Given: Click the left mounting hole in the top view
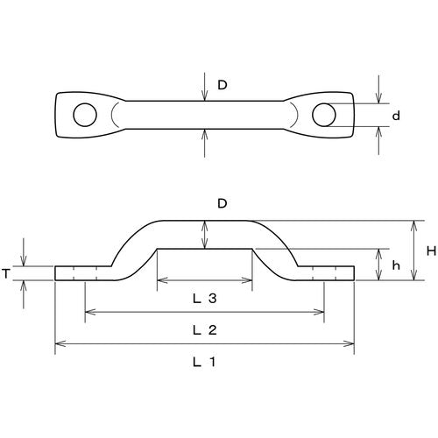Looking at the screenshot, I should tap(85, 115).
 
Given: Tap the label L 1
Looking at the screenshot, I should tap(204, 361).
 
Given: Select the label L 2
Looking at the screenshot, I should tap(204, 329).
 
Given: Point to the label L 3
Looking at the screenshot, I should tap(204, 299).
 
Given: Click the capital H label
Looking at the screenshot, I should tap(430, 251).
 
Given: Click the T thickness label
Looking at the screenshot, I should tap(6, 273).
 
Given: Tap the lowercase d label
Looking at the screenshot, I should tap(397, 116).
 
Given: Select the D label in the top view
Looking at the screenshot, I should tap(223, 86).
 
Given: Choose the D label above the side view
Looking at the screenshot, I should tap(223, 204).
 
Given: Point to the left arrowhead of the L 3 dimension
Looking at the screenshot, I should tap(160, 282).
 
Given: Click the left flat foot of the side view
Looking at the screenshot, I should tap(79, 273).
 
